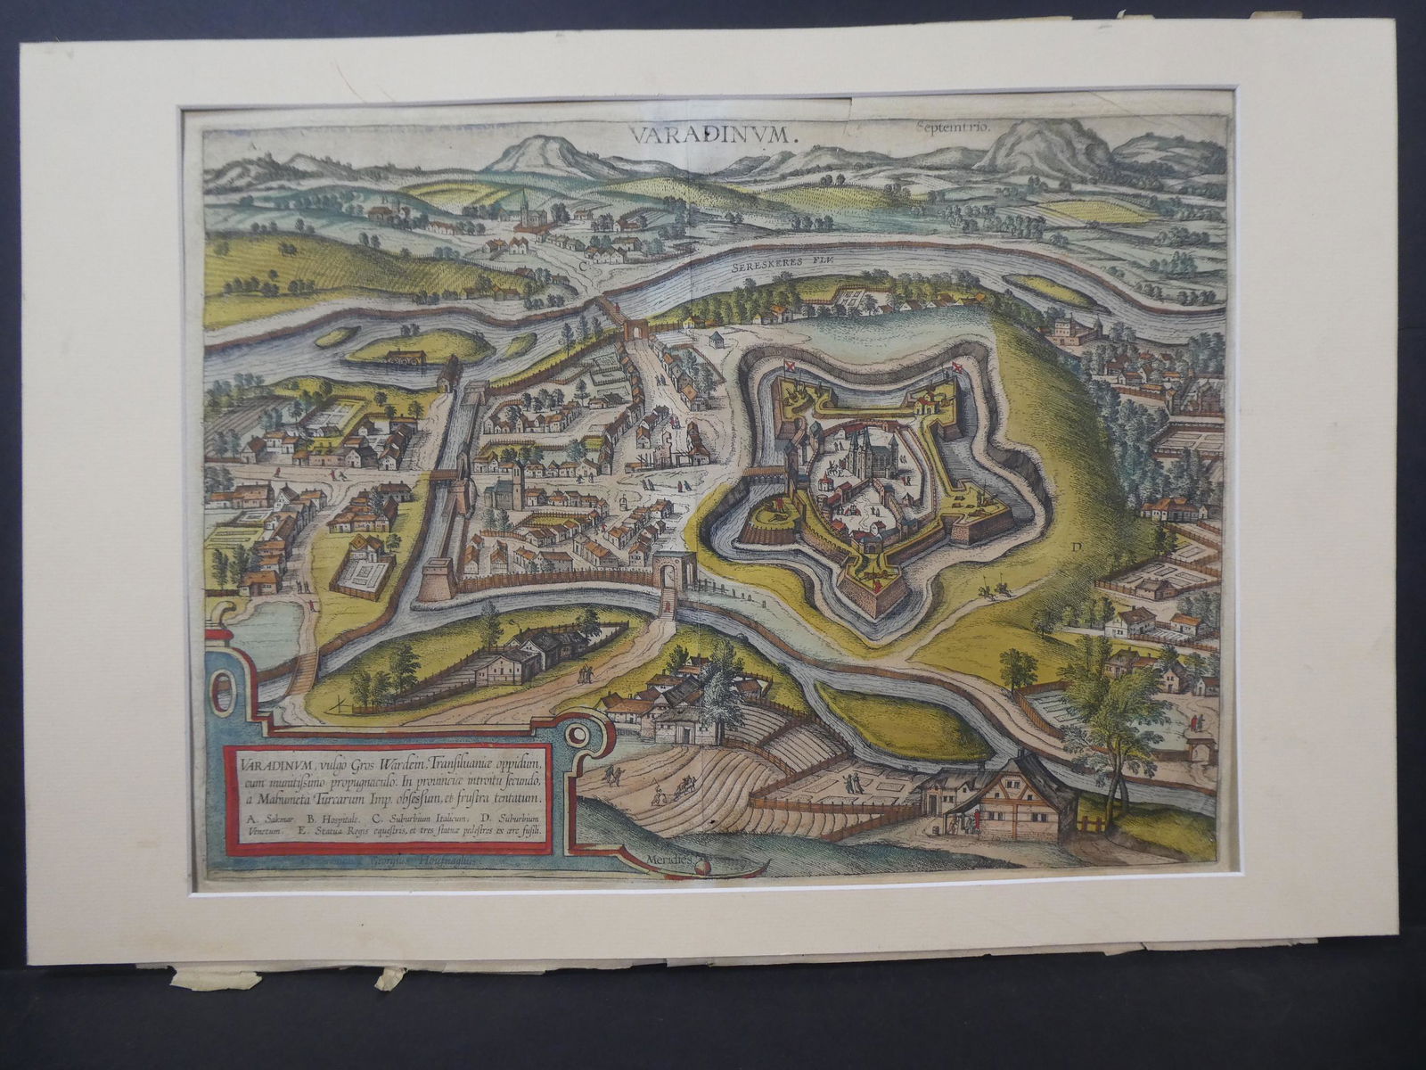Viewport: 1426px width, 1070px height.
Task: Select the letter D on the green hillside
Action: (1077, 547)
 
